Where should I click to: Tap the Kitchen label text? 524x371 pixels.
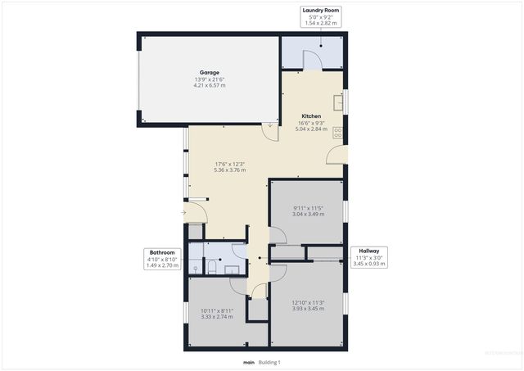(x=312, y=116)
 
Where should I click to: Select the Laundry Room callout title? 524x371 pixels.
(x=321, y=10)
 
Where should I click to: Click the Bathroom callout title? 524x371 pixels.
(x=161, y=252)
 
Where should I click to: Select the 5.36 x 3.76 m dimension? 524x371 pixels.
(x=228, y=170)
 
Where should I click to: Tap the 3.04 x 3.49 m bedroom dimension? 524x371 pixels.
(x=309, y=214)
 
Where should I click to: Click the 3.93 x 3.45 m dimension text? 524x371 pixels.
(x=308, y=309)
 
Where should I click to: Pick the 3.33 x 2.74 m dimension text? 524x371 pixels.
(x=217, y=316)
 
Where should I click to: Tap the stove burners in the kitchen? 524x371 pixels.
(x=337, y=132)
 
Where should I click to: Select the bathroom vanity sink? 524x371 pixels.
(x=232, y=268)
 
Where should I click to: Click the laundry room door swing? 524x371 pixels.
(x=311, y=59)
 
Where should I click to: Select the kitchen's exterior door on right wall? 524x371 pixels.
(x=336, y=153)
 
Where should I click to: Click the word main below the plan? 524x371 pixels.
(x=248, y=362)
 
